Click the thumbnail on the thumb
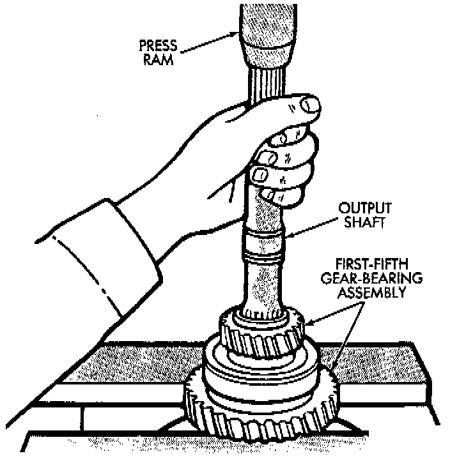[309, 104]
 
